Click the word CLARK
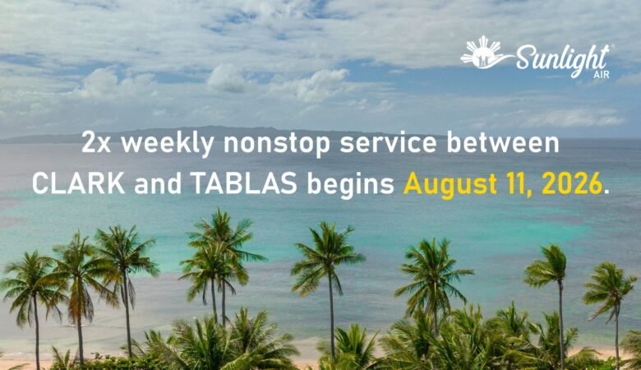click(x=79, y=183)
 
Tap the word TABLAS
click(x=244, y=183)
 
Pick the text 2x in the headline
click(x=96, y=143)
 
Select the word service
click(x=388, y=143)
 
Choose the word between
click(x=503, y=142)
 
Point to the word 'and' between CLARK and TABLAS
click(x=158, y=183)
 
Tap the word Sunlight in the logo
click(x=562, y=60)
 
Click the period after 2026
click(x=606, y=192)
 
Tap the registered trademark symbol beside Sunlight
click(x=607, y=47)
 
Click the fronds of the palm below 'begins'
click(x=327, y=256)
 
